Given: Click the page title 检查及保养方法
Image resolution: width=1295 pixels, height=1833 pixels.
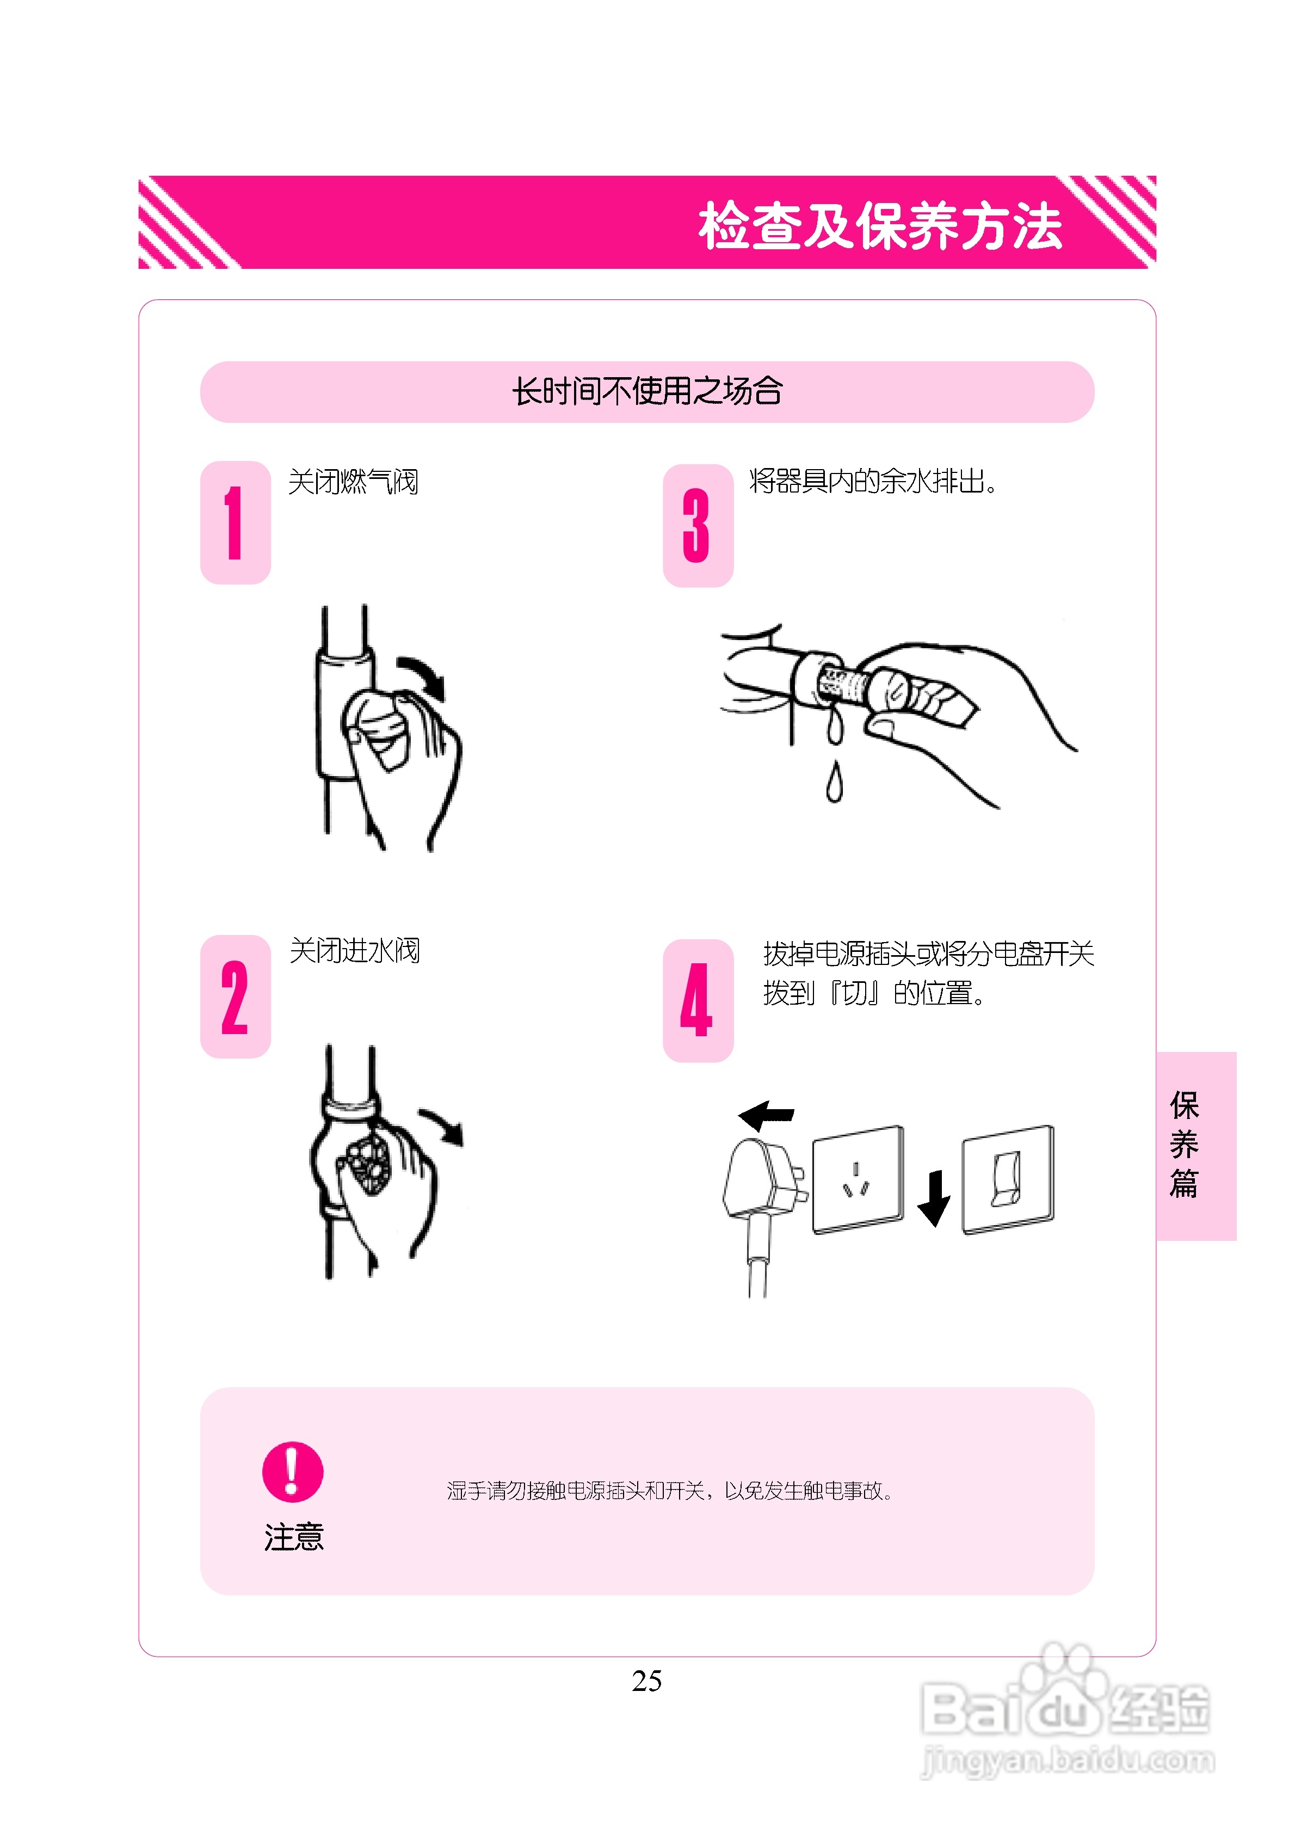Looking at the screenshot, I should point(880,226).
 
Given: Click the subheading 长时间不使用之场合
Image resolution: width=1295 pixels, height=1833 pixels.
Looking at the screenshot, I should point(647,391).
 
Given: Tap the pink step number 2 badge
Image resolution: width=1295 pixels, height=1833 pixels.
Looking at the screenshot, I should point(235,997).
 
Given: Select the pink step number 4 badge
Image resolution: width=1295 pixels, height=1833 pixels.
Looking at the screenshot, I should point(697,1000).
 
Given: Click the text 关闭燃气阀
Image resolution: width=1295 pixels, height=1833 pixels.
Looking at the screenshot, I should point(353,482).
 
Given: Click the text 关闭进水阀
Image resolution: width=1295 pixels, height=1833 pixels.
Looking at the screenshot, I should point(354,951).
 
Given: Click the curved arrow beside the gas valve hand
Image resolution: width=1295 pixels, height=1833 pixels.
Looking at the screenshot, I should point(424,676).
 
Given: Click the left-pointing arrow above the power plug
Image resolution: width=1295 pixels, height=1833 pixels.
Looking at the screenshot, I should point(767,1115).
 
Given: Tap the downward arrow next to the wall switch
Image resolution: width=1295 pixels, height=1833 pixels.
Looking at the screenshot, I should point(933,1197).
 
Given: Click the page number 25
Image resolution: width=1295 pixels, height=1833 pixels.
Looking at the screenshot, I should point(647,1681).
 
